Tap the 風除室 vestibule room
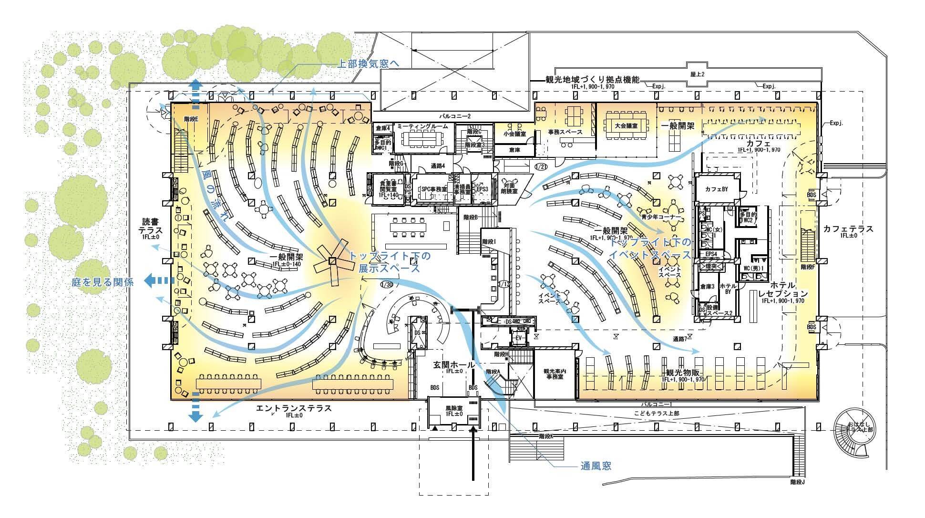click(454, 412)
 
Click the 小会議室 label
click(514, 135)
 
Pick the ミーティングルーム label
click(423, 126)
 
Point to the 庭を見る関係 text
click(103, 282)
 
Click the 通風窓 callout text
click(596, 466)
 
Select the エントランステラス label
click(293, 409)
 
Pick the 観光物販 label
click(682, 373)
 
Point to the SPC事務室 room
click(432, 189)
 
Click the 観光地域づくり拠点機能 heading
click(592, 80)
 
